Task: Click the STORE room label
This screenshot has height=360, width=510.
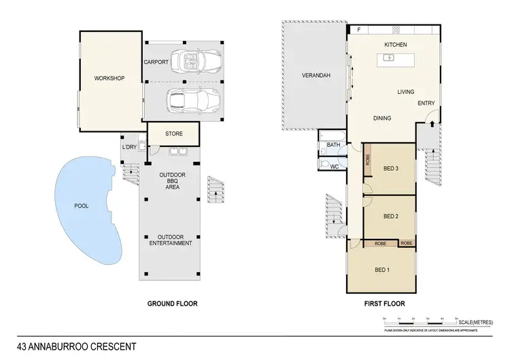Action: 174,133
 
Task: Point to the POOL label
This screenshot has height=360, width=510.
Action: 82,206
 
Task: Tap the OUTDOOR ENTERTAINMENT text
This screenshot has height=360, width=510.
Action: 171,239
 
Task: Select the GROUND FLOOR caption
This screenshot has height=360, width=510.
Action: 172,304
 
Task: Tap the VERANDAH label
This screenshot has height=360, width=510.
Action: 316,76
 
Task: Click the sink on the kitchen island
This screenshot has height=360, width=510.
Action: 389,58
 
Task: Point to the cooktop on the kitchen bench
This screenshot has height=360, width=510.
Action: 395,29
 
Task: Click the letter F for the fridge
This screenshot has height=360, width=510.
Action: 358,30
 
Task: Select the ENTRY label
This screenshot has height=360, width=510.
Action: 426,103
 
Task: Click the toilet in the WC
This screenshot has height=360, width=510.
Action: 324,165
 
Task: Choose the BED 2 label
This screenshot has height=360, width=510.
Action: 390,216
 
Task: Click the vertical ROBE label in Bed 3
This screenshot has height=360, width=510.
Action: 368,160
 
